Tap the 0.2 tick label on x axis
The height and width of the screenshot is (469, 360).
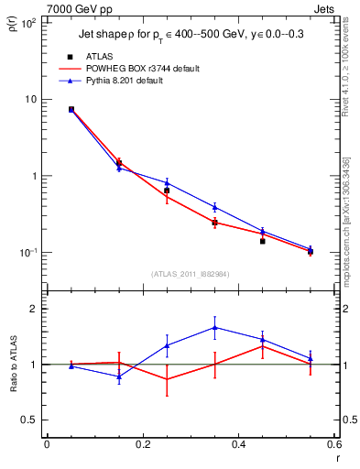[x=142, y=444]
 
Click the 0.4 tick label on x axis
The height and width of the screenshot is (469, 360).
[x=238, y=444]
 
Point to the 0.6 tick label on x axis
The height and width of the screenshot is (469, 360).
[x=333, y=444]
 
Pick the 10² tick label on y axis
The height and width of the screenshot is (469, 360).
[x=27, y=24]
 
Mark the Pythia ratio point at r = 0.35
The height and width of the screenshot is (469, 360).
[x=214, y=327]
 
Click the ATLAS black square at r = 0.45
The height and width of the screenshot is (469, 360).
[x=262, y=241]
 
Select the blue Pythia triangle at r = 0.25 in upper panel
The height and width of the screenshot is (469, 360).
[x=167, y=182]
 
